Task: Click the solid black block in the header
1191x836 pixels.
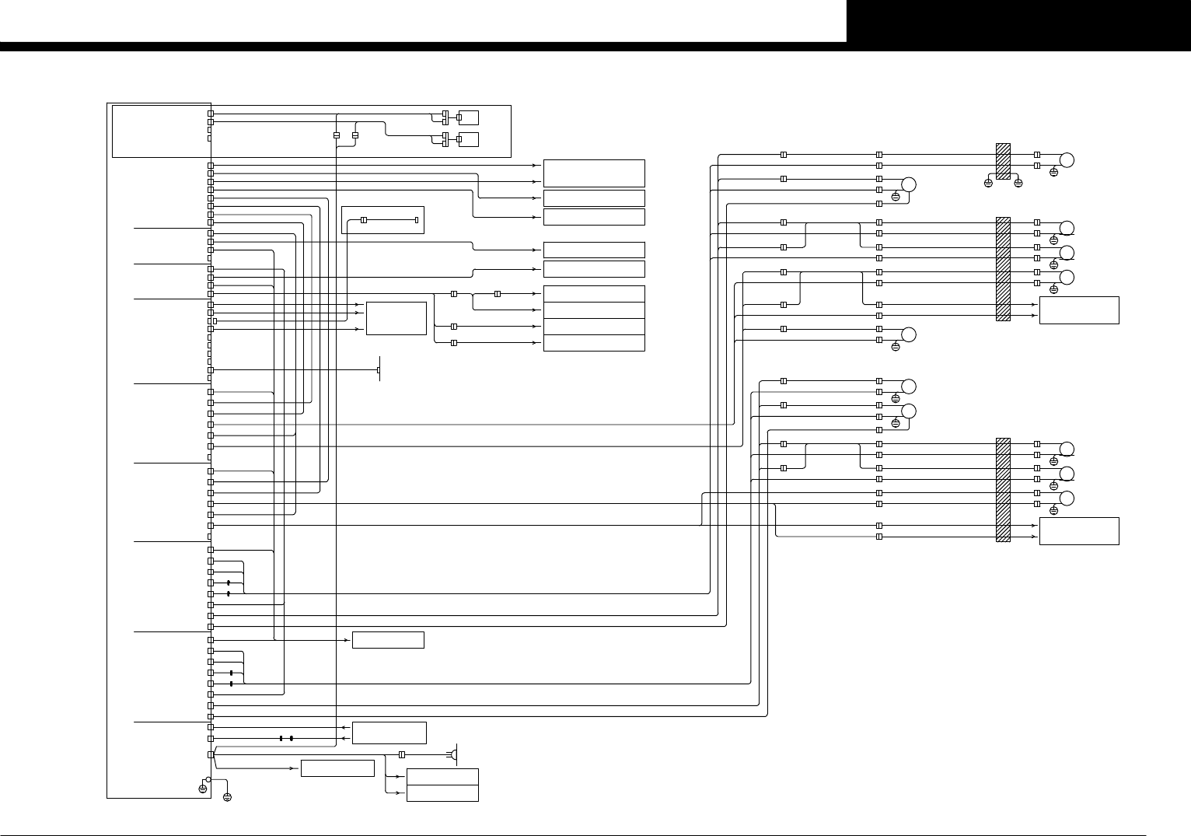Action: pos(1018,21)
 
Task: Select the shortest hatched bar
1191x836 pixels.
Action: pos(1003,161)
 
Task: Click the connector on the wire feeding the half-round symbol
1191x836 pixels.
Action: pos(402,754)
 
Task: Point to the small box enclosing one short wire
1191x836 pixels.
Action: pos(382,220)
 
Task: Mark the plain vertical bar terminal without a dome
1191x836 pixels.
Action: pos(379,369)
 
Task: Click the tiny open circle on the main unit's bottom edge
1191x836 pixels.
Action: pos(208,779)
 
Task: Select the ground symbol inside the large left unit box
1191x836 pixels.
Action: pos(203,789)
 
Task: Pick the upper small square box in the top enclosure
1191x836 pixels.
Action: pos(468,117)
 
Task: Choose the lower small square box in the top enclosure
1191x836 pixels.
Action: pos(468,139)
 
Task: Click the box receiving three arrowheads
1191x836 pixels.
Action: pos(396,318)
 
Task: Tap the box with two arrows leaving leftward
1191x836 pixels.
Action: pos(389,733)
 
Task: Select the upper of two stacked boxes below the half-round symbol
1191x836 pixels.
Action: pos(442,777)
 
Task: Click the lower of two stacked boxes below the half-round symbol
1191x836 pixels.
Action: pos(442,793)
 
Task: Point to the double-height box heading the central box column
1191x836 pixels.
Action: pos(594,173)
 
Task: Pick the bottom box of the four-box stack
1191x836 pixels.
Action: pos(594,343)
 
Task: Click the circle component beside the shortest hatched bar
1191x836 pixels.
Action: pos(1067,160)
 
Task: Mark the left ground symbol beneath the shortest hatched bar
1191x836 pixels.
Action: pos(988,184)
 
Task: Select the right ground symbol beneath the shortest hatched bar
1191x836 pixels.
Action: pos(1018,184)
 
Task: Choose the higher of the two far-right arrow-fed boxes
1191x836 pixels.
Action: pos(1079,310)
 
